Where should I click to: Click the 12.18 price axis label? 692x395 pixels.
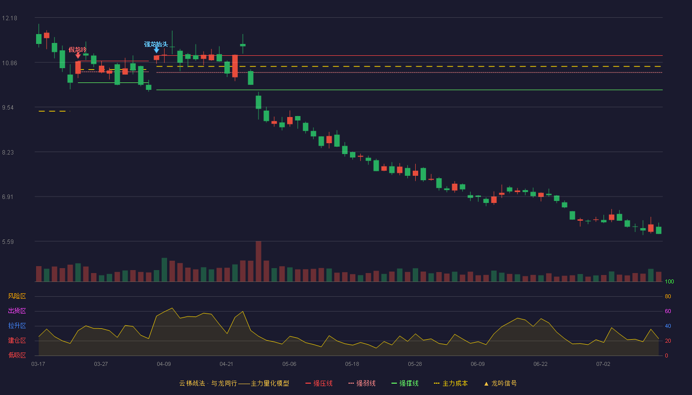(9, 18)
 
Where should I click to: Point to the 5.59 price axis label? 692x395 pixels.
(8, 241)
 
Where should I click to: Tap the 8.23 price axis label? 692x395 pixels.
(8, 152)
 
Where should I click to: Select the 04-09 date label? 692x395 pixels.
(164, 364)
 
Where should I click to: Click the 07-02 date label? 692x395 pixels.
(603, 364)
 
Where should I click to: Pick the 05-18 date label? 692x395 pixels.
(352, 364)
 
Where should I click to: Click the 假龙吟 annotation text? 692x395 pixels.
(78, 50)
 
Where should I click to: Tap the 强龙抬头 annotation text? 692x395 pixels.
(156, 44)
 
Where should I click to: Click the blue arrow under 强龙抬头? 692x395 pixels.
(157, 50)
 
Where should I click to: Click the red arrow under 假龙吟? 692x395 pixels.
(78, 55)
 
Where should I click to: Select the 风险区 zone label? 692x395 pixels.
(17, 296)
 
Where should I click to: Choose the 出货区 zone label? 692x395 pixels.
(17, 311)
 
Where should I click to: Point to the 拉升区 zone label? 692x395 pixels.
(17, 325)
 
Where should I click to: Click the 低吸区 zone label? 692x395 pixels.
(17, 355)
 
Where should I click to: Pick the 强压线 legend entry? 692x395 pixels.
(319, 383)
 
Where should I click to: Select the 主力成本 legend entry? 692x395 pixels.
(451, 383)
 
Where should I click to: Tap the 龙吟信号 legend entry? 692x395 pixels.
(500, 383)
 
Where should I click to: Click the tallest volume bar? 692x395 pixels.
(259, 261)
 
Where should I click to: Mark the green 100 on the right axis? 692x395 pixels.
(669, 281)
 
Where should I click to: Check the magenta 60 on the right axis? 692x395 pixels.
(668, 311)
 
